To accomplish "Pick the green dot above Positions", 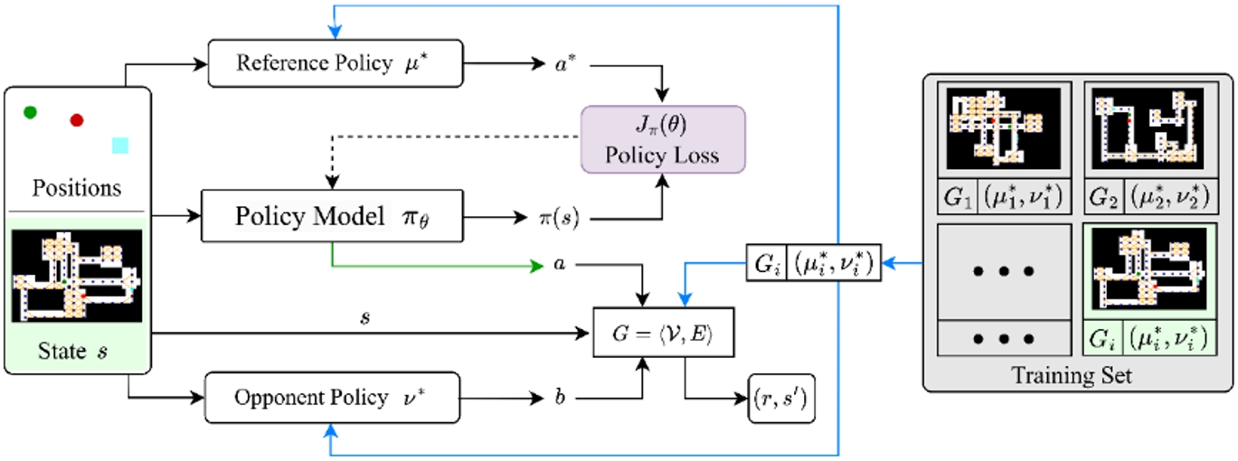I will (x=30, y=112).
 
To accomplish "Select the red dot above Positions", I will (x=77, y=119).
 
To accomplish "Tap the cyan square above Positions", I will (x=120, y=145).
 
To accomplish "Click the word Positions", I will (x=77, y=189).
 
